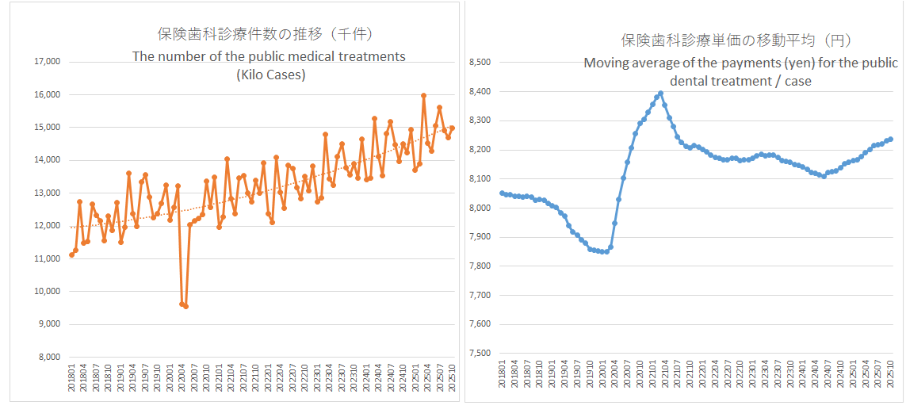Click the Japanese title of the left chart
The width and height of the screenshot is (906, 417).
(265, 34)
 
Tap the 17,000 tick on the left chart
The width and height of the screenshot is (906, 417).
(45, 62)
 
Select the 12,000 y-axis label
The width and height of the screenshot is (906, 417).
(45, 226)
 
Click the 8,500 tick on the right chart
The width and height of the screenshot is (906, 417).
(480, 63)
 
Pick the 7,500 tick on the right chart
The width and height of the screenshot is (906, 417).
(480, 354)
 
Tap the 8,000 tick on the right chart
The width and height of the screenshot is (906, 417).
(480, 208)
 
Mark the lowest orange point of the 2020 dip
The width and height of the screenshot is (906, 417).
(185, 306)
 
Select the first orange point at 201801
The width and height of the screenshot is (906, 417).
(71, 254)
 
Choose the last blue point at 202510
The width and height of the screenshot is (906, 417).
(890, 139)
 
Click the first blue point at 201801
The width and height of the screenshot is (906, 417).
(502, 193)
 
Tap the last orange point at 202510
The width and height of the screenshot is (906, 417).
(452, 128)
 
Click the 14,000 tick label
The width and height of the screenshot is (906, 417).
(45, 160)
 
